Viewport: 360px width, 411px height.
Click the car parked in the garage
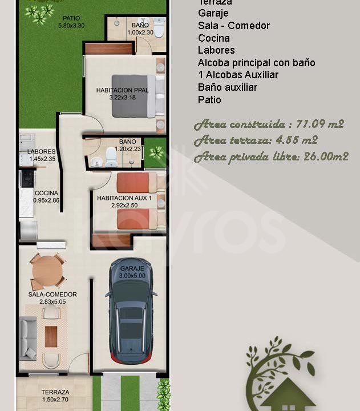pos(131,311)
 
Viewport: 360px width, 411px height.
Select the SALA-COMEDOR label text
pos(52,295)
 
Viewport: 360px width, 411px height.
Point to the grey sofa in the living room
pos(28,337)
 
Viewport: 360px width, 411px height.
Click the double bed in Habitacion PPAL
pos(137,96)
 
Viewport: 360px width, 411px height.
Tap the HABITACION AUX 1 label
pos(124,198)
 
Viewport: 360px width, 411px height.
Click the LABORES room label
pos(41,151)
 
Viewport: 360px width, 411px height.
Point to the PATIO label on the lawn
pos(71,18)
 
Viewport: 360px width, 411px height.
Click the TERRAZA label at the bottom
pos(55,392)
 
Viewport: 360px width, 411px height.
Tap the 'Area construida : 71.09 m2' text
pos(269,124)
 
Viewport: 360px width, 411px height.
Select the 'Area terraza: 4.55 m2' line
pos(256,140)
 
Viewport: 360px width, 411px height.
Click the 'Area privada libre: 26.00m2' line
pos(271,156)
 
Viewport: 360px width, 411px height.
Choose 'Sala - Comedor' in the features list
pos(234,26)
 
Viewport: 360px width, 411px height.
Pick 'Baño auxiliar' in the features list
pos(227,87)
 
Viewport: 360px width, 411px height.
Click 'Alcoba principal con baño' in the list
pos(256,63)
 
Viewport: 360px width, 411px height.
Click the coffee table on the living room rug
pos(51,336)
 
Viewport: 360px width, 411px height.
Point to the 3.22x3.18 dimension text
pos(122,98)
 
